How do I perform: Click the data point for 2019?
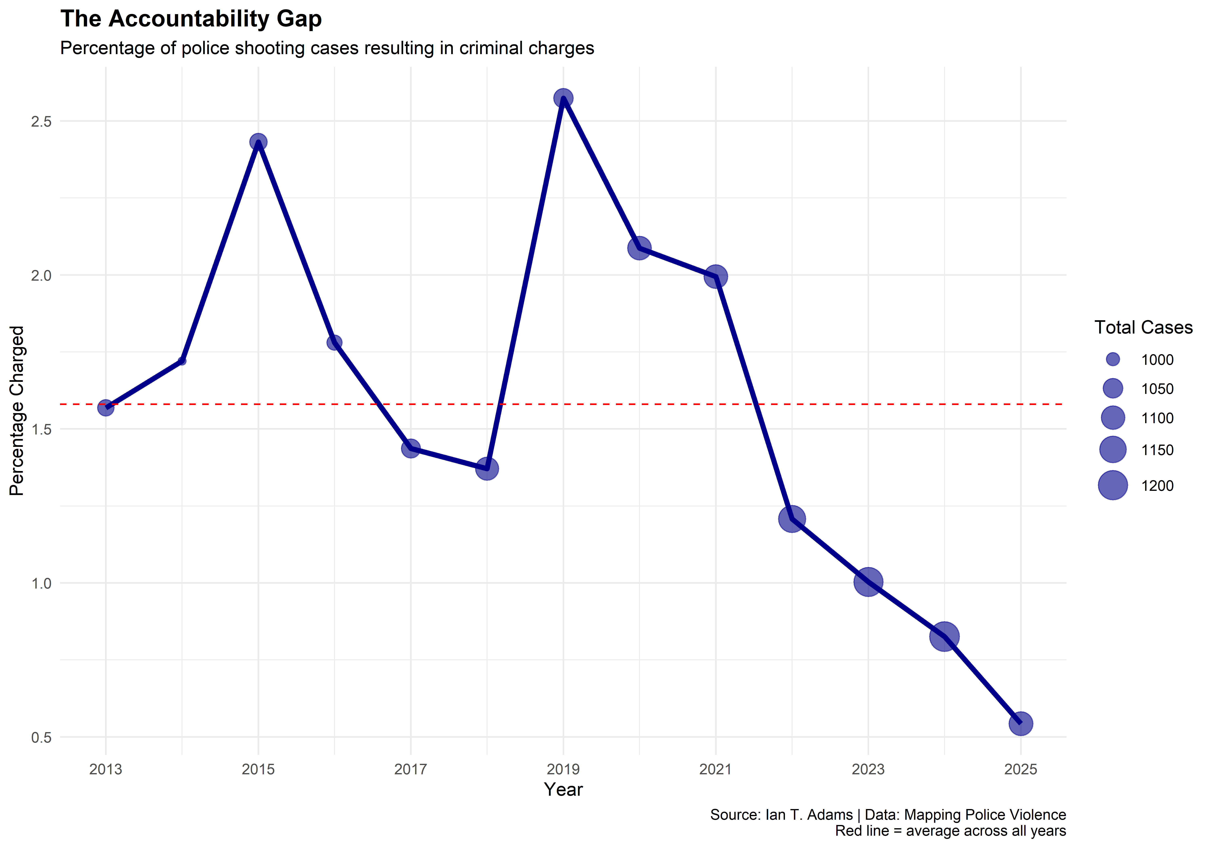pyautogui.click(x=563, y=98)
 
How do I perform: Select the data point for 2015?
pyautogui.click(x=258, y=142)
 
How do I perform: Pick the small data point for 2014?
pyautogui.click(x=182, y=361)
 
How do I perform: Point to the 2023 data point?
pyautogui.click(x=868, y=582)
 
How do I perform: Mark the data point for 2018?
pyautogui.click(x=487, y=468)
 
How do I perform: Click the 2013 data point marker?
pyautogui.click(x=106, y=407)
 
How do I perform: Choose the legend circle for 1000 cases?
pyautogui.click(x=1113, y=360)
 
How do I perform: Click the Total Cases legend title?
pyautogui.click(x=1143, y=328)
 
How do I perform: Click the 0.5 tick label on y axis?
pyautogui.click(x=41, y=737)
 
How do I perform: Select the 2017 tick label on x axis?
pyautogui.click(x=411, y=769)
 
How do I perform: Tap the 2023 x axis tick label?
pyautogui.click(x=868, y=769)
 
